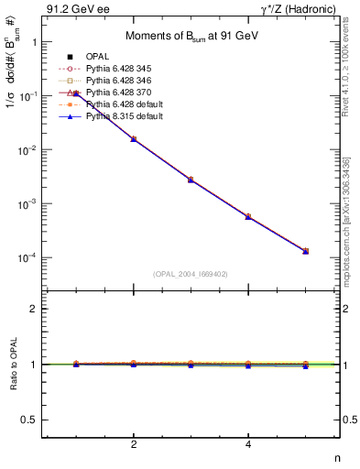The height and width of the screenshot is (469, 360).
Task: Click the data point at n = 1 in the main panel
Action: point(77,93)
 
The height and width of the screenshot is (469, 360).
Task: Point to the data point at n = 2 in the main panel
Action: point(134,139)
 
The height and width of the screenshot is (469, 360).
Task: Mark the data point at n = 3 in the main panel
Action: point(191,180)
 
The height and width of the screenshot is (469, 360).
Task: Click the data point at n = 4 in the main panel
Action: point(248,216)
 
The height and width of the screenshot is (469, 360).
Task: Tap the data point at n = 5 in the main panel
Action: point(305,251)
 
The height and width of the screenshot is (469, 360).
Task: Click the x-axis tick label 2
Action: point(134,445)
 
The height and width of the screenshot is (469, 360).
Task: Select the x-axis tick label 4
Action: point(248,445)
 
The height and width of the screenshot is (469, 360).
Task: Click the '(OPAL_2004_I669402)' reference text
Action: point(191,273)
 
